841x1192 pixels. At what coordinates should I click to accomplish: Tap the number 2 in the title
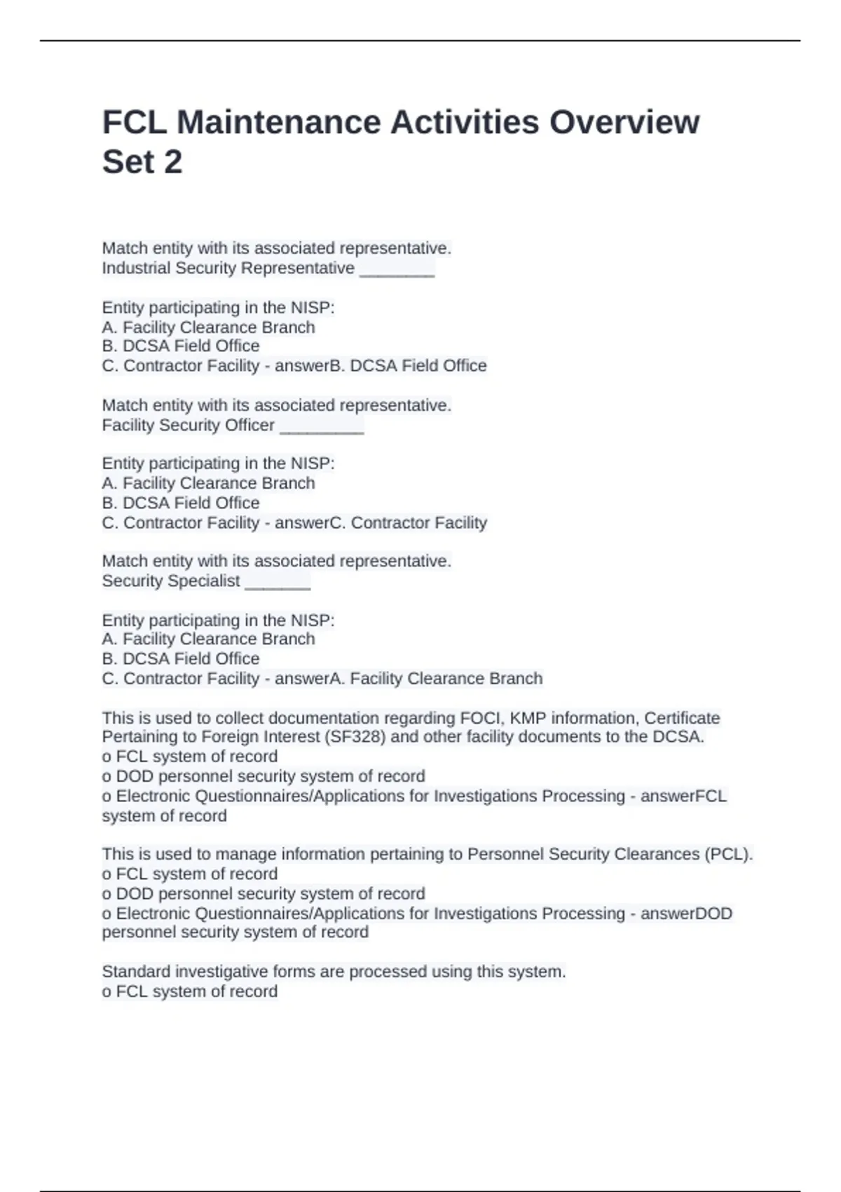tap(172, 162)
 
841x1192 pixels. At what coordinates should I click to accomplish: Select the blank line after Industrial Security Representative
tap(397, 270)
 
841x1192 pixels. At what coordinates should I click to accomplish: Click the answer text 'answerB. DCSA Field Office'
tap(381, 366)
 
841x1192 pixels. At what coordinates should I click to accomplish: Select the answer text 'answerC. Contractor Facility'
tap(381, 523)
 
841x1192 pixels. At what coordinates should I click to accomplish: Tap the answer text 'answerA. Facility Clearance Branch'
tap(409, 679)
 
